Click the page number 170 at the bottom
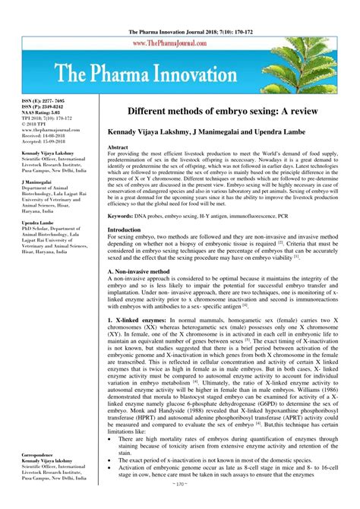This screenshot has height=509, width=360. point(179,504)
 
